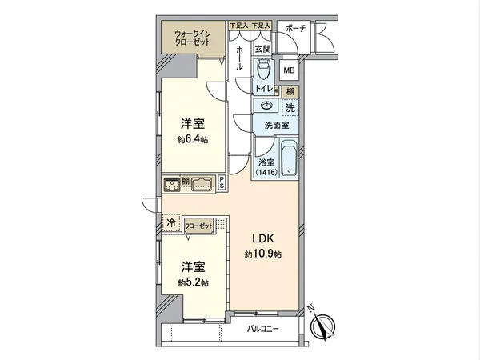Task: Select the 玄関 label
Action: [x=263, y=48]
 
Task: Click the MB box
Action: [x=288, y=69]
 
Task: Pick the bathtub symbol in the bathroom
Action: [x=290, y=160]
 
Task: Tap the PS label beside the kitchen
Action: [x=222, y=183]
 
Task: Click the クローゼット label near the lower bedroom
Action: [x=201, y=226]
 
